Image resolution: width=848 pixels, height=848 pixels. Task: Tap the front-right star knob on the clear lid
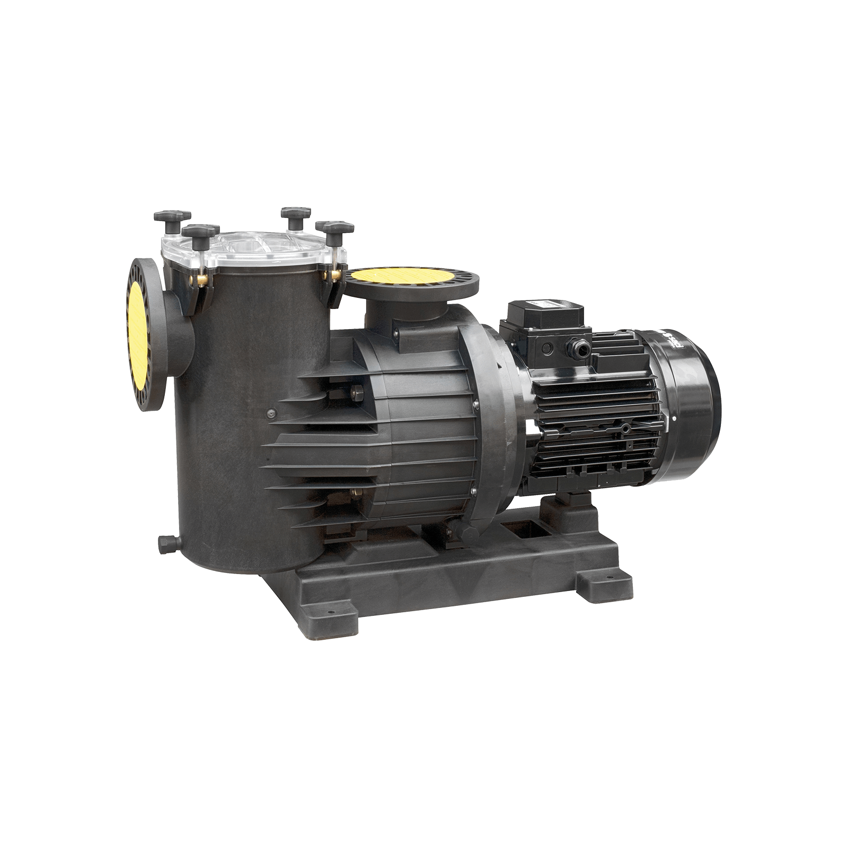click(x=334, y=227)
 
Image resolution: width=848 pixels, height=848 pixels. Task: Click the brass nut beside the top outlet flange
click(x=335, y=273)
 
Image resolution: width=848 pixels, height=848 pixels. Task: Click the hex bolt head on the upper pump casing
click(x=356, y=393)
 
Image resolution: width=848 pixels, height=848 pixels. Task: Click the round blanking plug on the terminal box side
click(x=547, y=348)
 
